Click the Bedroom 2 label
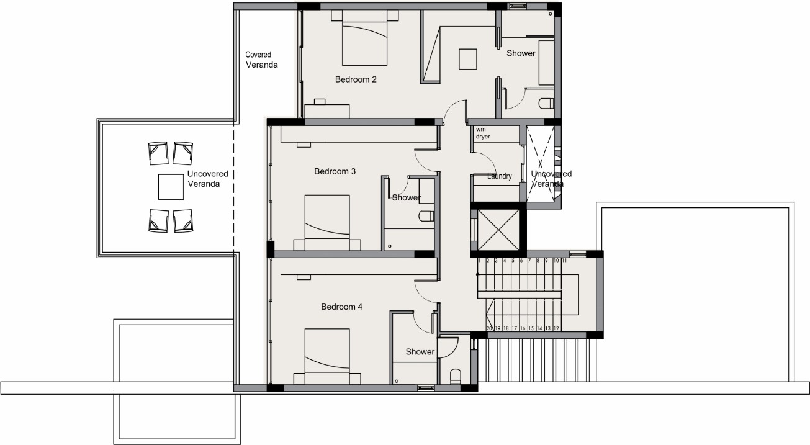tap(356, 79)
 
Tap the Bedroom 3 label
tap(335, 171)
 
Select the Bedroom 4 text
tap(342, 307)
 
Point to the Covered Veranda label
tap(261, 60)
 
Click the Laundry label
tap(500, 176)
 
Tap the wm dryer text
tap(483, 133)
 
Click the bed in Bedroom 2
tap(364, 38)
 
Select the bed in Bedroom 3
tap(327, 223)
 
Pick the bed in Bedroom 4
tap(327, 356)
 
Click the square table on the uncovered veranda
tap(171, 187)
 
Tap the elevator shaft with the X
tap(498, 230)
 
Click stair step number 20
tap(489, 328)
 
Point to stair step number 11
tap(564, 260)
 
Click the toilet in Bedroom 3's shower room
tap(426, 216)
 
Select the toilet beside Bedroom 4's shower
tap(456, 376)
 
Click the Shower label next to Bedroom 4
tap(420, 352)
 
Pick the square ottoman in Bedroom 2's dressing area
tap(468, 59)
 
